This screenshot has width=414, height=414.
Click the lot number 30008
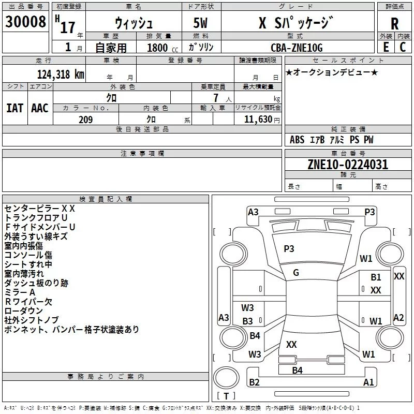click(25, 22)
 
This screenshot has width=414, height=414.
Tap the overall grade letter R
click(394, 24)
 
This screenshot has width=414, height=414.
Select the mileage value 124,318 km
click(61, 75)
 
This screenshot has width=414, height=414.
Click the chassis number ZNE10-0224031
click(348, 165)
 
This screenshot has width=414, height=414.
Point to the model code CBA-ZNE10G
click(297, 48)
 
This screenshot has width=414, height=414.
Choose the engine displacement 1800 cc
click(162, 48)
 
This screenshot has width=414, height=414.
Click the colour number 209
click(85, 120)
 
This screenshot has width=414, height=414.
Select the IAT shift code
click(15, 108)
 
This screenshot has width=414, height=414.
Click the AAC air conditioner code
click(40, 108)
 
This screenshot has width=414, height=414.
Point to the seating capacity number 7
click(216, 98)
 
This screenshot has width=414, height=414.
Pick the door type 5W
click(200, 23)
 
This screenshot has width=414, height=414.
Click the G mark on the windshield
click(296, 273)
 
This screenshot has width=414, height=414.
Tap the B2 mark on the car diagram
click(254, 382)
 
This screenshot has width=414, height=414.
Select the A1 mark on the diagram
click(368, 382)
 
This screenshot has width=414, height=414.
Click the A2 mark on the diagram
click(398, 317)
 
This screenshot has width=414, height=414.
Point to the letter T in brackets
click(226, 396)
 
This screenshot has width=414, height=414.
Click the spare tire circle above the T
click(226, 378)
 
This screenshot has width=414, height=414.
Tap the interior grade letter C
click(403, 47)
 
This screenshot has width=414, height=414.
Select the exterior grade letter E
click(386, 47)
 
